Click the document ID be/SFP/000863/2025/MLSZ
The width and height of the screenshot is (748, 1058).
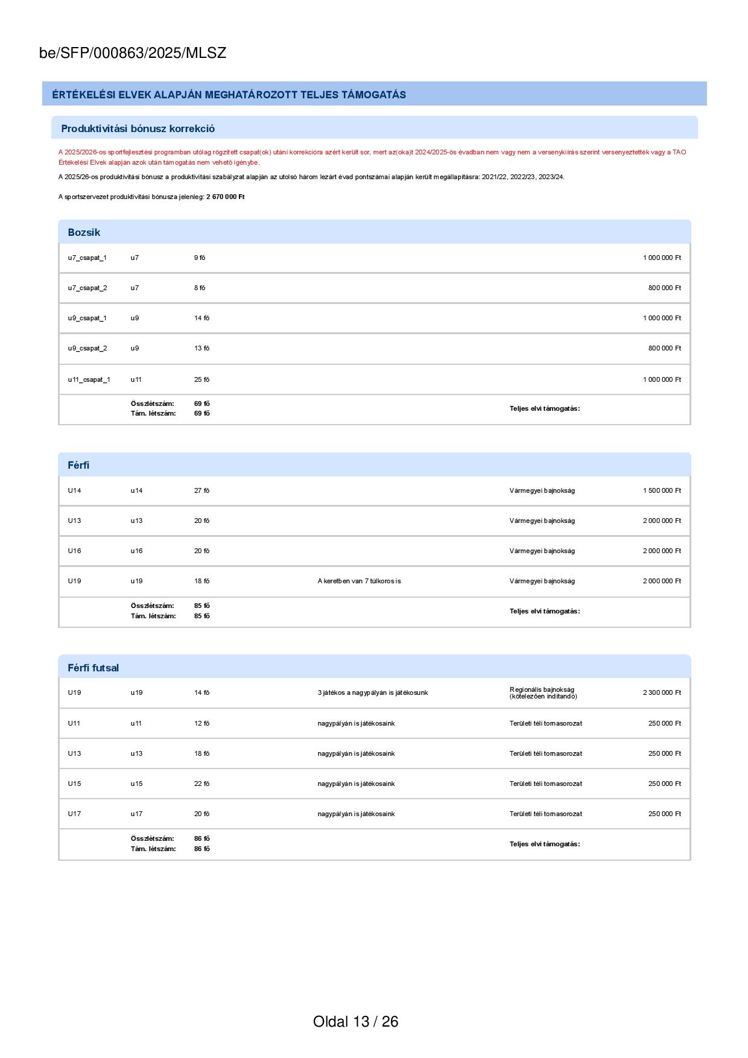133,53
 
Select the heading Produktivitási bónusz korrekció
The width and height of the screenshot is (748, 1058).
138,128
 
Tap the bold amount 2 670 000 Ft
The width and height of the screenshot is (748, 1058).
225,197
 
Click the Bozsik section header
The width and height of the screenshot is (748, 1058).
84,232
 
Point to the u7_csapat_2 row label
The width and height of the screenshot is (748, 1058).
87,288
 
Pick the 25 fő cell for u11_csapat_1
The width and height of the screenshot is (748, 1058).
201,380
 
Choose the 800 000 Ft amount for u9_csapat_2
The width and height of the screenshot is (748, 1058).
664,349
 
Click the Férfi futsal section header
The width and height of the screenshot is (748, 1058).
93,668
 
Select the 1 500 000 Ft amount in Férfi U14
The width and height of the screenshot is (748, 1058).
661,491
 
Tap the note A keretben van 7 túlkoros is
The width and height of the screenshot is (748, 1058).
359,581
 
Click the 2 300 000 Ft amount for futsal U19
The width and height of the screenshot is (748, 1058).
661,693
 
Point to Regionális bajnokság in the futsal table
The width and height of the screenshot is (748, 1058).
542,690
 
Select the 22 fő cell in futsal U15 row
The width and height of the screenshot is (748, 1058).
201,784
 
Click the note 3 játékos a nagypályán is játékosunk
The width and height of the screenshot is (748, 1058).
372,693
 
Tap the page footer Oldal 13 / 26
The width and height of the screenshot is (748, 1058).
355,1021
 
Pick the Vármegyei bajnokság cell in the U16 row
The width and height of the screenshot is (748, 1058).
542,551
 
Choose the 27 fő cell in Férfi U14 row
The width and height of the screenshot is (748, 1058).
201,491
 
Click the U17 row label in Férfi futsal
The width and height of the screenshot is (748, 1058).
74,814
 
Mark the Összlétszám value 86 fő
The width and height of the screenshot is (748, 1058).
201,839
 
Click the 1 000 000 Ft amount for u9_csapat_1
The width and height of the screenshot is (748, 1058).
661,318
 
